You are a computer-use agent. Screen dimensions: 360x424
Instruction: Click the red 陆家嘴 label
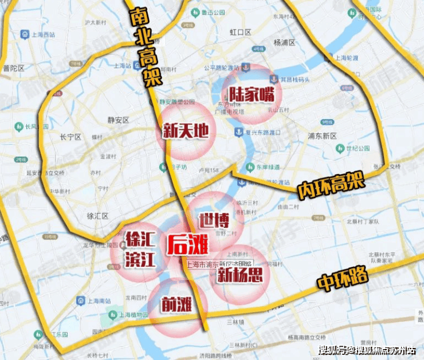click(252, 94)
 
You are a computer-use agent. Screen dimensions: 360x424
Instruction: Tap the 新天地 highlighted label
click(185, 131)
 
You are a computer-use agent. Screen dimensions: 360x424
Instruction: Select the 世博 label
click(214, 220)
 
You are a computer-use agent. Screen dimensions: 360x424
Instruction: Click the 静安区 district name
click(120, 120)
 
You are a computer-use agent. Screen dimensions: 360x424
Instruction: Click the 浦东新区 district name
click(321, 136)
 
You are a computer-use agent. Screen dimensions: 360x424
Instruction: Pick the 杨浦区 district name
click(284, 42)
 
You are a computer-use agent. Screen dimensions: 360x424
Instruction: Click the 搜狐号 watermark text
click(335, 349)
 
